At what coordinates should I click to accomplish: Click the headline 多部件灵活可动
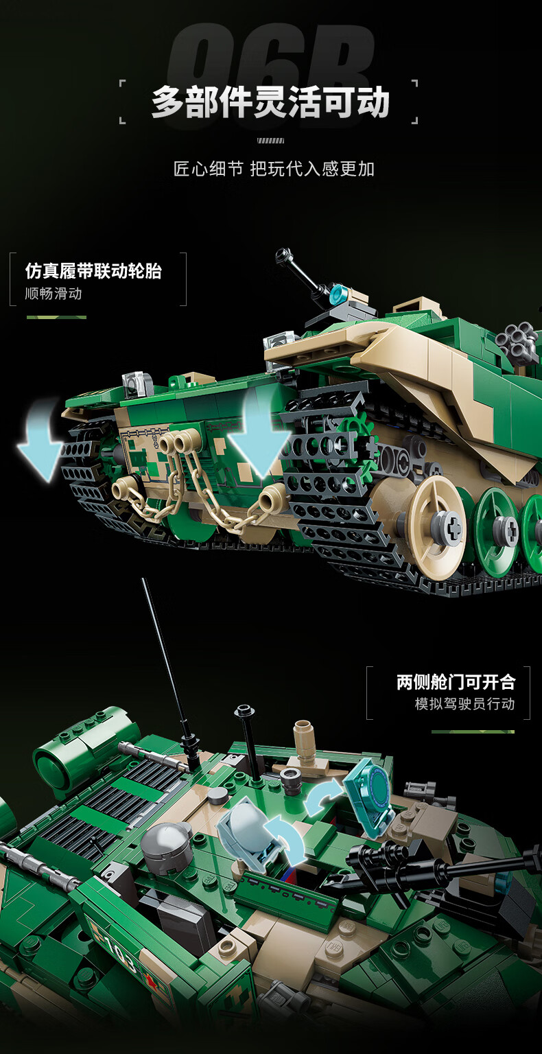coord(270,102)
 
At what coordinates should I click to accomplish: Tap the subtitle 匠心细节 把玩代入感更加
coord(274,168)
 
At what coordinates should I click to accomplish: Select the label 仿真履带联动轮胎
coord(93,271)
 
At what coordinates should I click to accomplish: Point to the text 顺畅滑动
coord(54,294)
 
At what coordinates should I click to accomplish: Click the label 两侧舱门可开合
coord(456,682)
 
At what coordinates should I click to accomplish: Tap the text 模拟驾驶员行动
coord(464,703)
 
